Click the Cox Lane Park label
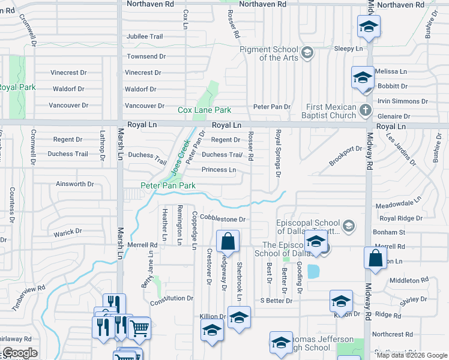pyautogui.click(x=205, y=110)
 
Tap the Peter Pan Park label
pyautogui.click(x=168, y=186)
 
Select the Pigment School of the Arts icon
pyautogui.click(x=307, y=53)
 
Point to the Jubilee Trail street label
pyautogui.click(x=145, y=37)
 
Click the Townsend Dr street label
pyautogui.click(x=146, y=56)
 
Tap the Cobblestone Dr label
pyautogui.click(x=223, y=220)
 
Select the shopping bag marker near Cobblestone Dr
pyautogui.click(x=228, y=242)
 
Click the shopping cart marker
pyautogui.click(x=139, y=328)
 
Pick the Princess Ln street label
pyautogui.click(x=218, y=170)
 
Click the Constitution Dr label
pyautogui.click(x=172, y=298)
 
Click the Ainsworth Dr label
pyautogui.click(x=75, y=184)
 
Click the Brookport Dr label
pyautogui.click(x=346, y=155)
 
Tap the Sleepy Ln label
pyautogui.click(x=349, y=48)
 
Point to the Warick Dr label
pyautogui.click(x=67, y=232)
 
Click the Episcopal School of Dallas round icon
pyautogui.click(x=350, y=226)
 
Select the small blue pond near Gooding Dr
pyautogui.click(x=313, y=271)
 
